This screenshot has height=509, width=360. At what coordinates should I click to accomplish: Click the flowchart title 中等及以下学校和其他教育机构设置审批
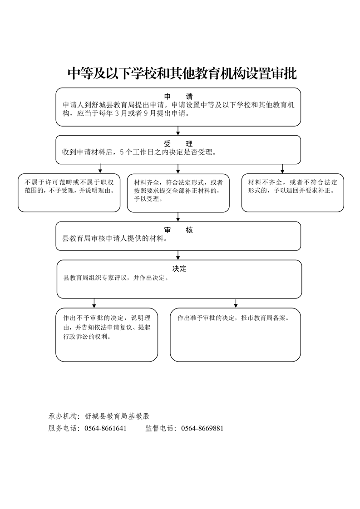pyautogui.click(x=182, y=74)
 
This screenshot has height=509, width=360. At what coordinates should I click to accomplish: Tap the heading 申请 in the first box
pyautogui.click(x=178, y=97)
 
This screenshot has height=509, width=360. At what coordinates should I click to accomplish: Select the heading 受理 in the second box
pyautogui.click(x=178, y=144)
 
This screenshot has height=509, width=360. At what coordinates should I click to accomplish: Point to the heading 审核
pyautogui.click(x=178, y=230)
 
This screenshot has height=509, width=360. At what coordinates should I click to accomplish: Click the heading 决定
pyautogui.click(x=179, y=269)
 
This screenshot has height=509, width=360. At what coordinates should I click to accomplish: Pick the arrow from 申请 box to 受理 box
pyautogui.click(x=178, y=131)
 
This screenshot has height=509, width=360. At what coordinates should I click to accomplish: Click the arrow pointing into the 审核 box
pyautogui.click(x=178, y=217)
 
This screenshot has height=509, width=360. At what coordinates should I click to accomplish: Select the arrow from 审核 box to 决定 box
pyautogui.click(x=178, y=255)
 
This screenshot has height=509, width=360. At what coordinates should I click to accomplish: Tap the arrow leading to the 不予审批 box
pyautogui.click(x=94, y=303)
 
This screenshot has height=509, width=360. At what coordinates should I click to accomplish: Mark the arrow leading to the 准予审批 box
pyautogui.click(x=235, y=303)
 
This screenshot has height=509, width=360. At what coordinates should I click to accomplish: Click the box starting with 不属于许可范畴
pyautogui.click(x=69, y=193)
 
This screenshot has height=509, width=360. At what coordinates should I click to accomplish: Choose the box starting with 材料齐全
pyautogui.click(x=178, y=193)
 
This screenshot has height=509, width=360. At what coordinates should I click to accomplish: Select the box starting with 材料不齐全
pyautogui.click(x=292, y=193)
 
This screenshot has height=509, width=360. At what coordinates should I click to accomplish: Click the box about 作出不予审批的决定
pyautogui.click(x=107, y=335)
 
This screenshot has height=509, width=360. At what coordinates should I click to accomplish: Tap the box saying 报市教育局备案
pyautogui.click(x=235, y=335)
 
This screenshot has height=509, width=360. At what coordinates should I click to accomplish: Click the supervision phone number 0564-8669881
pyautogui.click(x=202, y=428)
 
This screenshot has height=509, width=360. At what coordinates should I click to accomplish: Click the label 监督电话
pyautogui.click(x=160, y=428)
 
